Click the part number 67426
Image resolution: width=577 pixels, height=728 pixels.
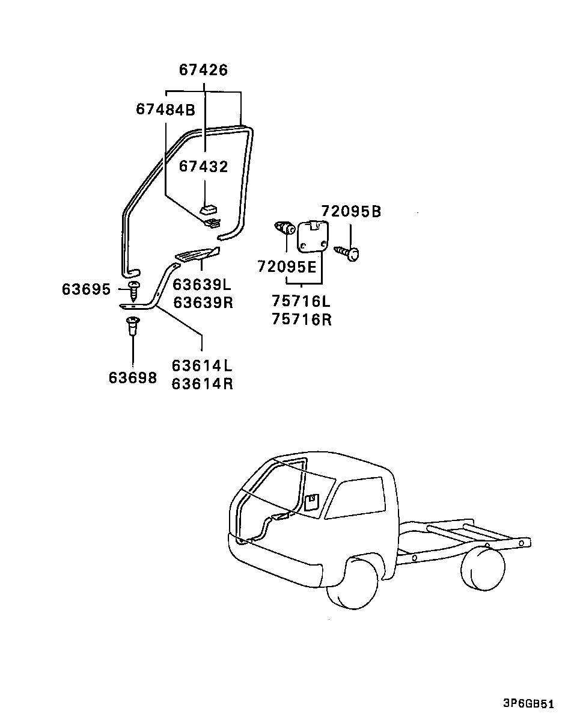coord(204,70)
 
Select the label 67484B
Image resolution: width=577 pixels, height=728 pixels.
coord(166,110)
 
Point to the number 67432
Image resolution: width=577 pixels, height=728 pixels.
coord(204,167)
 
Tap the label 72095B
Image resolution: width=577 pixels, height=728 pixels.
coord(351,212)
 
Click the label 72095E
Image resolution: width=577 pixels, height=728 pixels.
coord(287,267)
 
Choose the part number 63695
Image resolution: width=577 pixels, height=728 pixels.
coord(86,289)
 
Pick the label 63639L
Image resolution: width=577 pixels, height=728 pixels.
coord(202,285)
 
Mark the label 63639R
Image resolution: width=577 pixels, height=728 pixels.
coord(203,303)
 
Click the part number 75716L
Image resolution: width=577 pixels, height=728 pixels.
coord(301,301)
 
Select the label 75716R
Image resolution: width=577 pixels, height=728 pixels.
coord(302,319)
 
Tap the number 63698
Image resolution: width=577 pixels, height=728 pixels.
coord(133,378)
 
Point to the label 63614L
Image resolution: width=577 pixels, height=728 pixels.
coord(202,366)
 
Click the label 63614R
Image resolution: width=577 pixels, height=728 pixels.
coord(202,384)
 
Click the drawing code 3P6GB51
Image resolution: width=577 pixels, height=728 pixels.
coord(529,703)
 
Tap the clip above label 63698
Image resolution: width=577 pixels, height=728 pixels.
coord(133,325)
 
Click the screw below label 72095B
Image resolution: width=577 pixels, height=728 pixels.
coord(346,253)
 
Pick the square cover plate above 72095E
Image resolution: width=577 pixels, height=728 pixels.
coord(312,237)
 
